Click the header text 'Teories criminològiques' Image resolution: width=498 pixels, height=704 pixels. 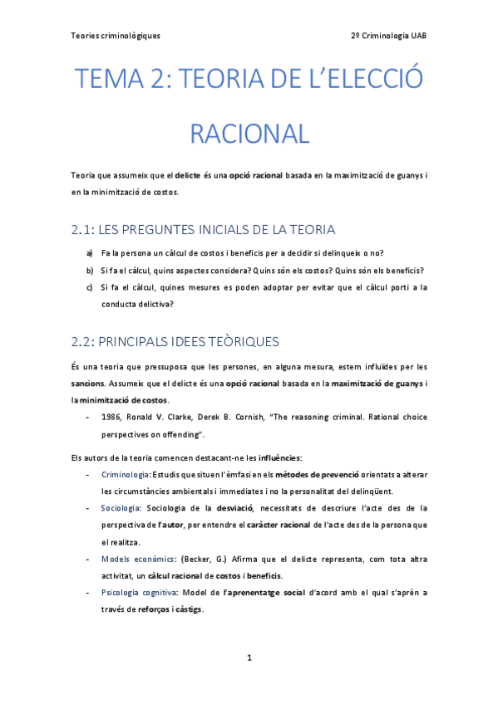116,36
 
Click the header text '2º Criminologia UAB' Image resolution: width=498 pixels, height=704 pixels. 389,36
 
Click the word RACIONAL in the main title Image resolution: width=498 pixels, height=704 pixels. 249,133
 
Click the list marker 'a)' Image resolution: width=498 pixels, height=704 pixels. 90,252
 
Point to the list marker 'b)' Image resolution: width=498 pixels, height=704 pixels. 90,270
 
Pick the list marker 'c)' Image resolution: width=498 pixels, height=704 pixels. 90,287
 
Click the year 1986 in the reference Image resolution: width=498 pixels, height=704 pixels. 111,418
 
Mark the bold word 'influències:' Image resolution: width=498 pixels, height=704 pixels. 280,457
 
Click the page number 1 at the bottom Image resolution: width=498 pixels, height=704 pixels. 249,658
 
